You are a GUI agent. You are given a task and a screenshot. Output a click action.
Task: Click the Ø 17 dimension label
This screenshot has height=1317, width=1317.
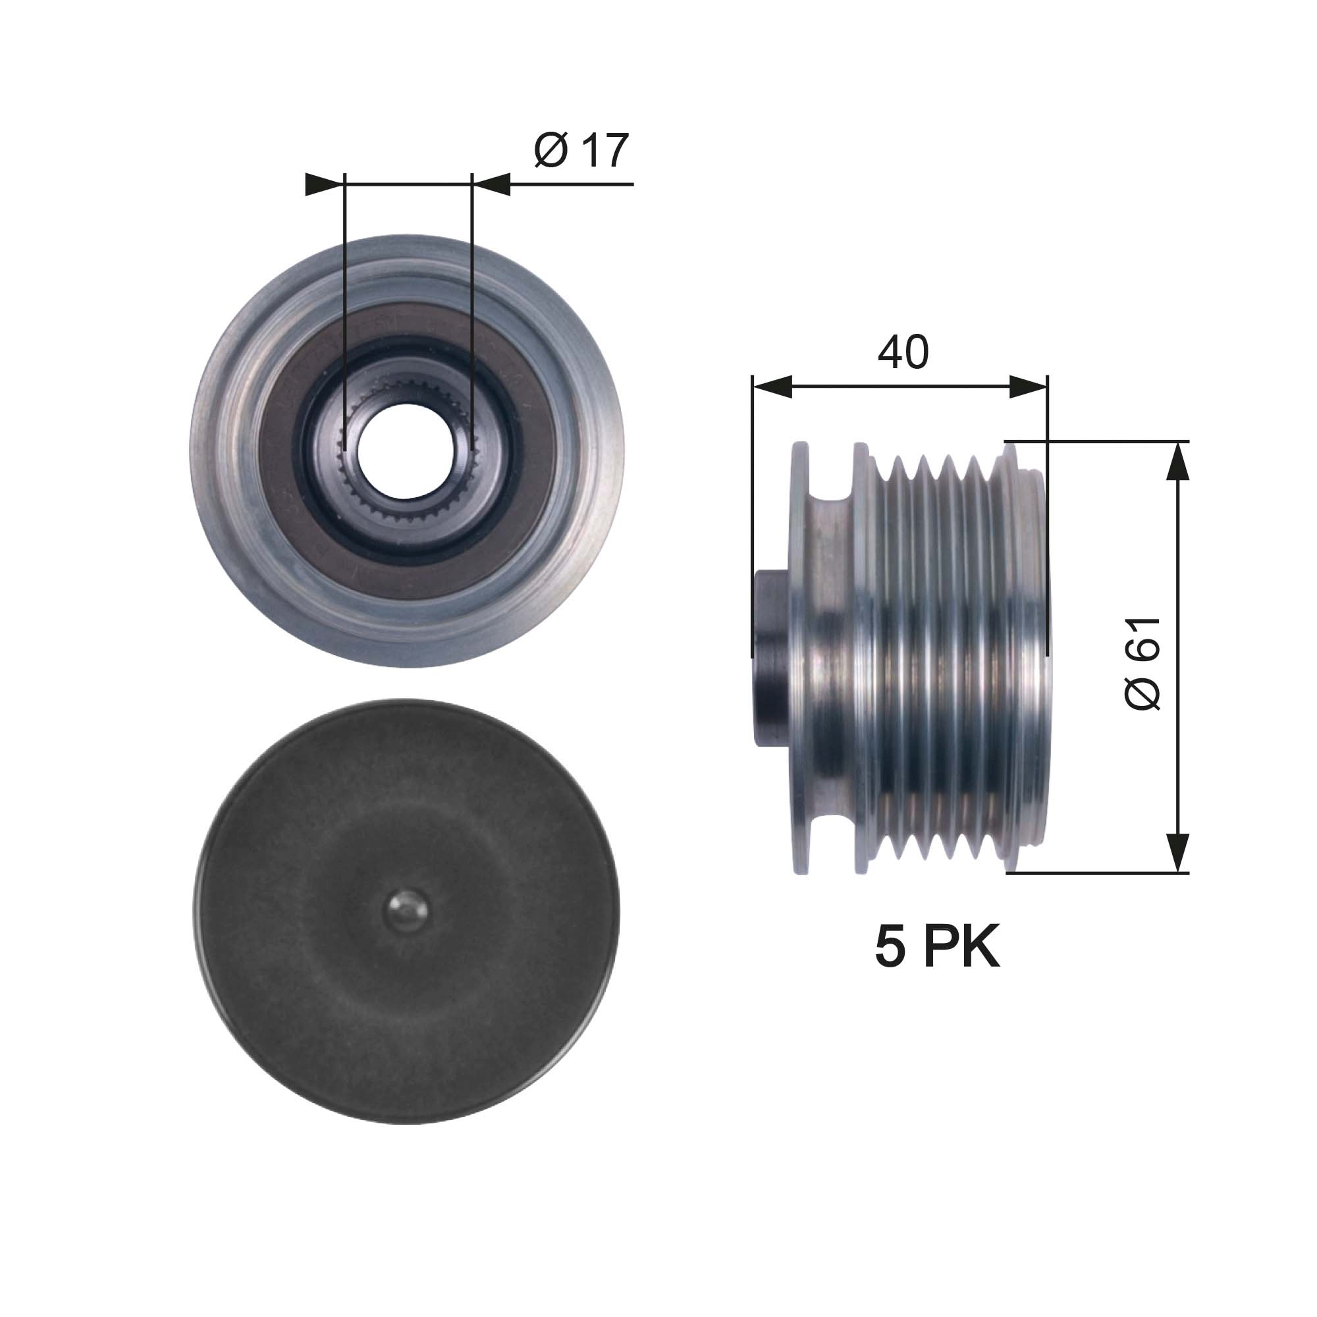pos(581,151)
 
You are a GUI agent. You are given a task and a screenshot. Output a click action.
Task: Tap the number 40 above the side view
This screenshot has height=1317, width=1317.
pos(903,353)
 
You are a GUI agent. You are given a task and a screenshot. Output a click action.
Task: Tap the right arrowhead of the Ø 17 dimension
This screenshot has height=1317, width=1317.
pos(492,185)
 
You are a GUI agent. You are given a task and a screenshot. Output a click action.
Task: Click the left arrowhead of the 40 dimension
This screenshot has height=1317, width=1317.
pos(772,388)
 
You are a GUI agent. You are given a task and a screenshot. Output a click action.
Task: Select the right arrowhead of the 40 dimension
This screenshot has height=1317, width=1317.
pos(1028,388)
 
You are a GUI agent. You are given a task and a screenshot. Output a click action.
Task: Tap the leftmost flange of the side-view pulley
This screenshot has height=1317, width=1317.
pos(799,658)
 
